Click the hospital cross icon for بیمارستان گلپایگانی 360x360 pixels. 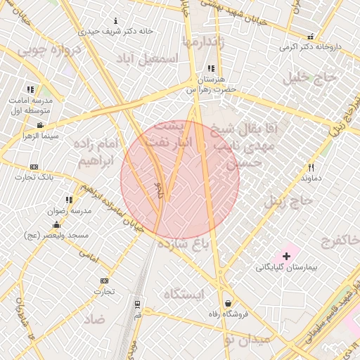286,256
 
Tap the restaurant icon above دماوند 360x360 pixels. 311,167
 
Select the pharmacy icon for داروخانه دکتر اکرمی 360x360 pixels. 310,37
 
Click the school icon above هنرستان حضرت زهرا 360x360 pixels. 211,69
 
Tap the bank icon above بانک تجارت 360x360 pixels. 34,167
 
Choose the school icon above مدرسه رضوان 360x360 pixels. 69,200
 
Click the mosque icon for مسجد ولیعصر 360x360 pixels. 56,224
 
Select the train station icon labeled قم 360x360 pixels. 137,304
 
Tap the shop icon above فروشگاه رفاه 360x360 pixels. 229,304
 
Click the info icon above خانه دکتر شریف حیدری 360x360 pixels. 116,21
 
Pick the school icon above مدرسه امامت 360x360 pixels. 30,89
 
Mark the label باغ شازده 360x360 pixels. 184,244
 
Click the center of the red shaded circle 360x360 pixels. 180,179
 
